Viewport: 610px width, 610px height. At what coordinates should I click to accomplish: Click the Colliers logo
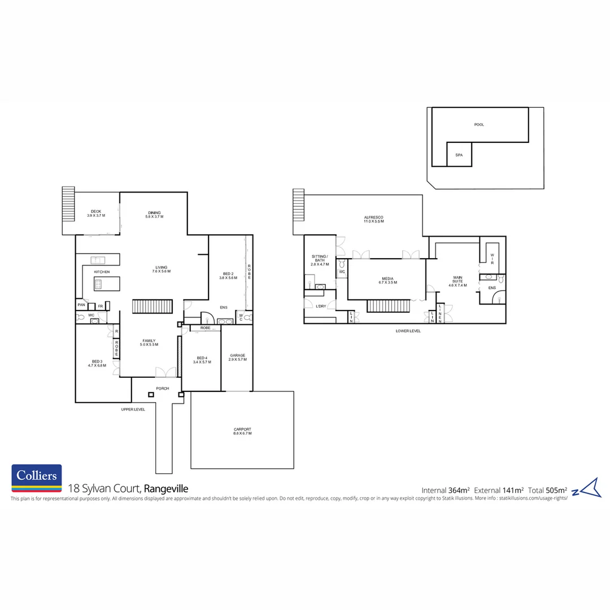click(37, 478)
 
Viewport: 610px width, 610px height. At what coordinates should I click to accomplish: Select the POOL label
click(479, 125)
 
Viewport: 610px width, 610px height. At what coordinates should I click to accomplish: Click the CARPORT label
click(242, 431)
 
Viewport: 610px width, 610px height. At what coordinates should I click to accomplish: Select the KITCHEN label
click(102, 272)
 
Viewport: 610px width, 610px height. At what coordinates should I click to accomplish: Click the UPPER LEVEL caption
click(133, 409)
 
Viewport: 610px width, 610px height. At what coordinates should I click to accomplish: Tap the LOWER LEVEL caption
click(408, 331)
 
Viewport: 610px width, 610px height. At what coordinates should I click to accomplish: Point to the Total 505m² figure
click(547, 490)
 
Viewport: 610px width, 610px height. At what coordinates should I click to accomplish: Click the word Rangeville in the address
click(165, 489)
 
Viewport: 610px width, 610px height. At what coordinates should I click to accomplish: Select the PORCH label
click(163, 388)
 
